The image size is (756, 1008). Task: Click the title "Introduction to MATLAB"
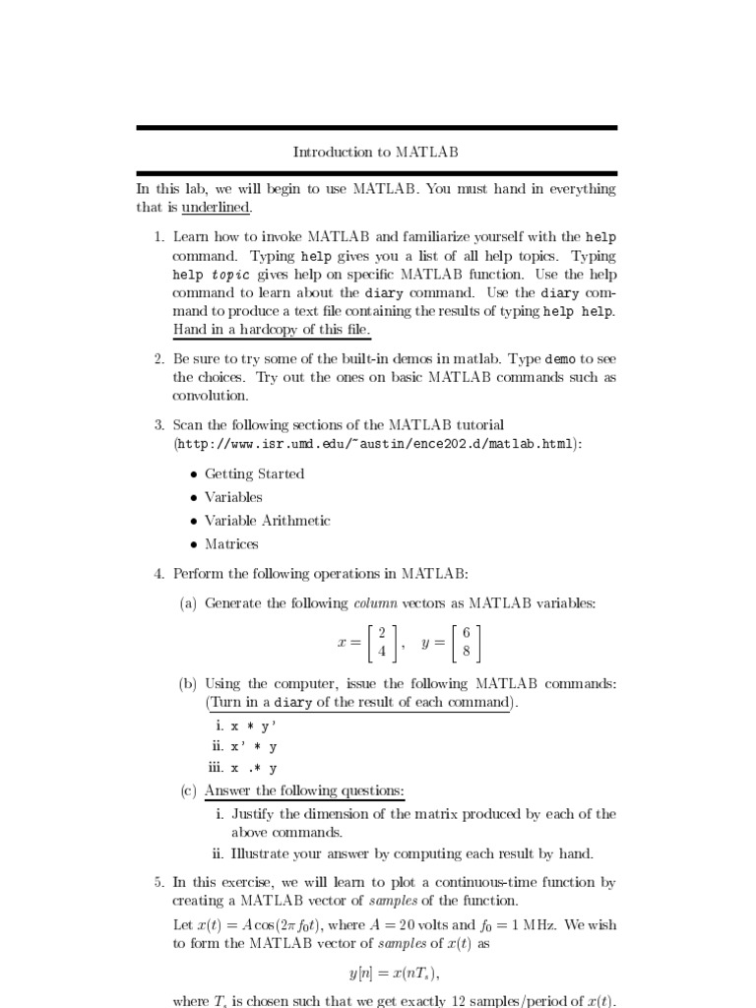(376, 152)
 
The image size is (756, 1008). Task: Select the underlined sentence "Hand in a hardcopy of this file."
(272, 330)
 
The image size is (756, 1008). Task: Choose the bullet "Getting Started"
(254, 473)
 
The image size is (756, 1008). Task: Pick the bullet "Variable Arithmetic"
(267, 521)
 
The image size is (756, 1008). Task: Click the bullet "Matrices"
(231, 544)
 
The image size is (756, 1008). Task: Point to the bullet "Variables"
(233, 497)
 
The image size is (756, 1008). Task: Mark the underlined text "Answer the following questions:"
(304, 791)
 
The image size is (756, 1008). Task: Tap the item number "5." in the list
(159, 883)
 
